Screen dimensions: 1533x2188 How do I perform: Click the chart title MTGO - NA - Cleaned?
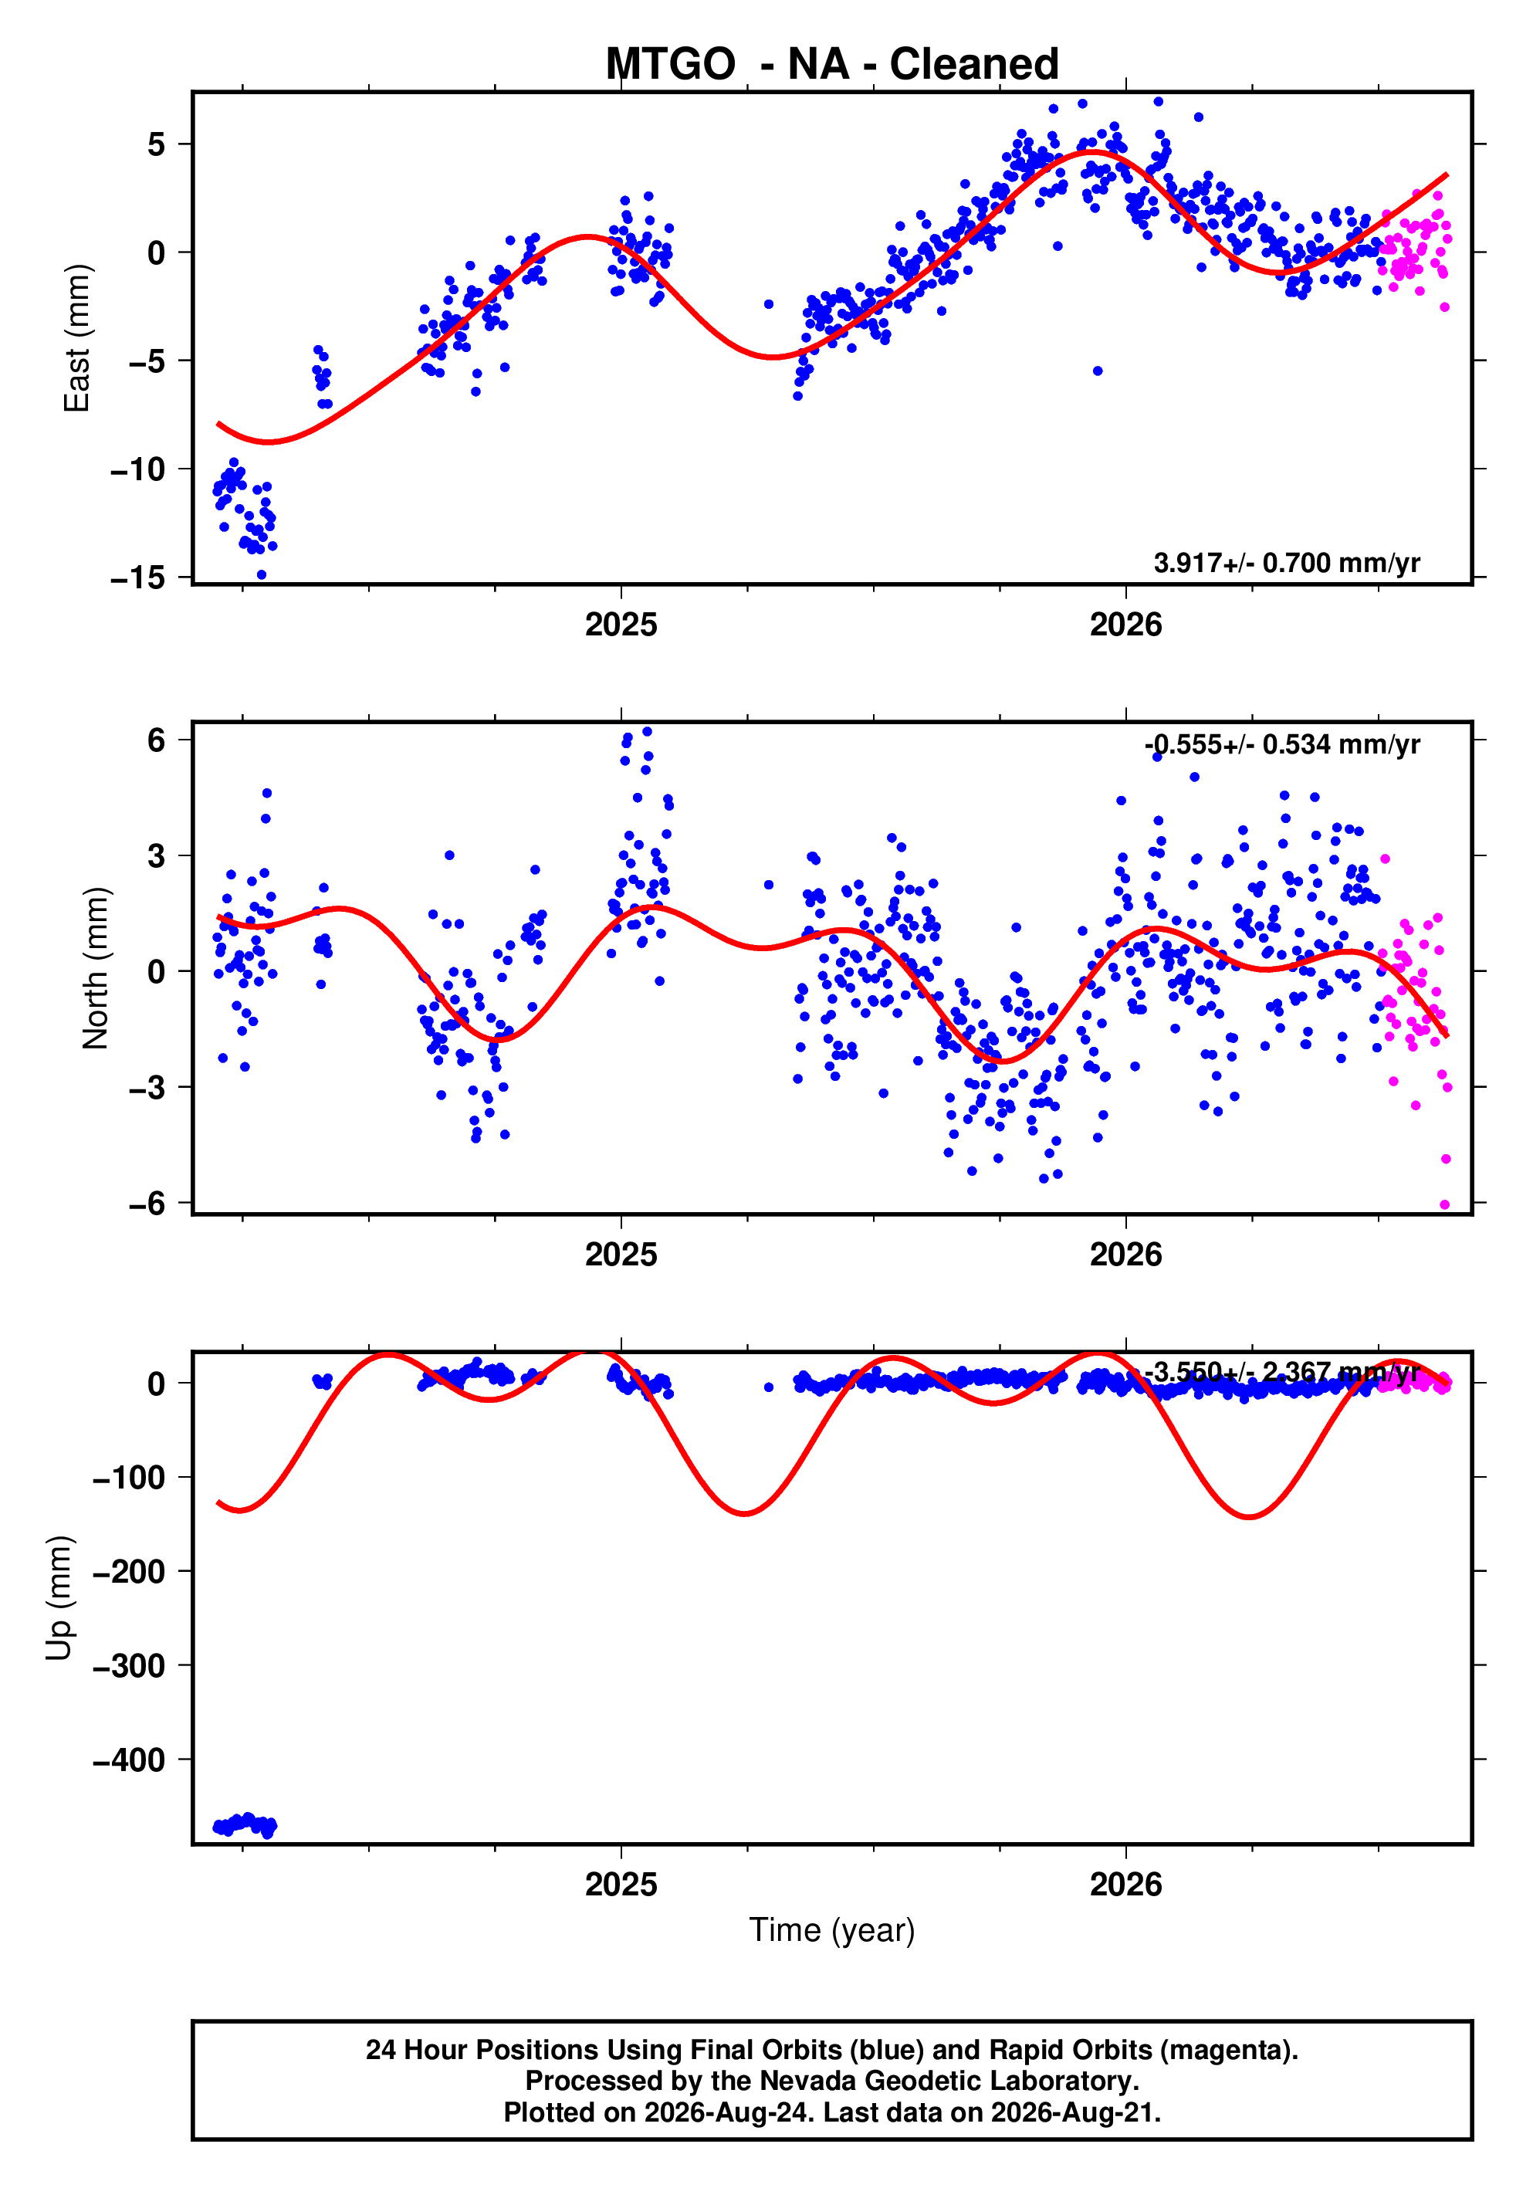(832, 64)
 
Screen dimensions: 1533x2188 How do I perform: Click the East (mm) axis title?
(76, 338)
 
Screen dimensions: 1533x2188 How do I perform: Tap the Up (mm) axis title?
(59, 1598)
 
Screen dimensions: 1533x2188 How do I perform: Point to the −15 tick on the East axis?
(137, 577)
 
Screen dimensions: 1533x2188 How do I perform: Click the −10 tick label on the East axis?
(137, 469)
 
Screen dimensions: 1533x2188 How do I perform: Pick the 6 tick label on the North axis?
(156, 740)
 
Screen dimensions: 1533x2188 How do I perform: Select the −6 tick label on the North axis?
(147, 1204)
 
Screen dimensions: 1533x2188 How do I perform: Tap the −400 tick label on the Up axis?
(129, 1760)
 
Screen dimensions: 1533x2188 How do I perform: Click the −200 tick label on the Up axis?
(129, 1571)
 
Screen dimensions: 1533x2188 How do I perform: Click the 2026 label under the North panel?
(1126, 1254)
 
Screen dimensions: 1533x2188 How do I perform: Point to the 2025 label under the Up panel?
(621, 1884)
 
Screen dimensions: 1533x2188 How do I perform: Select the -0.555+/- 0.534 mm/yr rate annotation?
(1282, 744)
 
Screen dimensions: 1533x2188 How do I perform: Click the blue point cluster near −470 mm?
(245, 1825)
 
